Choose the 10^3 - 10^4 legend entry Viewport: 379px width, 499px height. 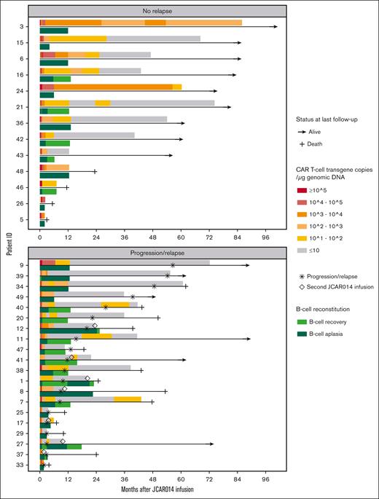click(x=326, y=201)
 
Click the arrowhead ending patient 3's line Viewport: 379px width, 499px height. click(x=276, y=26)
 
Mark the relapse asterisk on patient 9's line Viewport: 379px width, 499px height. click(x=173, y=265)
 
